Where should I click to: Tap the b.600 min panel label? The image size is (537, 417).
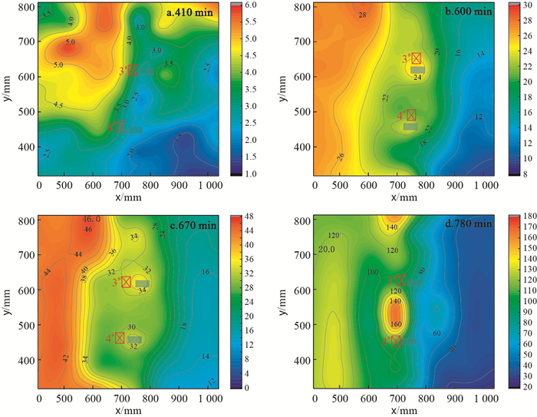tap(463, 13)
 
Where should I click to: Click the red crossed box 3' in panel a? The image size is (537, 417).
tap(133, 71)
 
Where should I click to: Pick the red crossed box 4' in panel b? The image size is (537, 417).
tap(411, 115)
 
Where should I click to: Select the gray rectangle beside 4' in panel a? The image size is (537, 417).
tap(136, 130)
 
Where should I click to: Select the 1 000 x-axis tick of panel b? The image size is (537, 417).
tap(483, 185)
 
